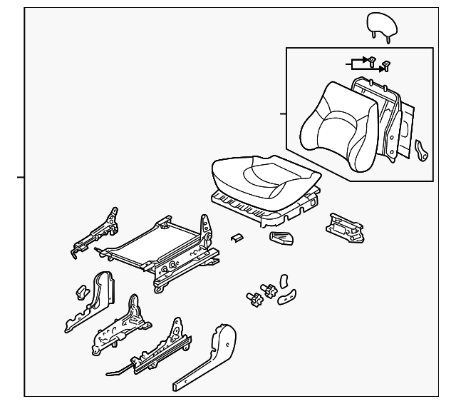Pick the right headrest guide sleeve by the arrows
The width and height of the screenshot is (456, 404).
click(385, 66)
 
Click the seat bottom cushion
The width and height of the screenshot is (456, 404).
click(261, 178)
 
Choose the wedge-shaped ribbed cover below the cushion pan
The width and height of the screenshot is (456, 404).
click(281, 238)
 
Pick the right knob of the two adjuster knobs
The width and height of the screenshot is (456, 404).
click(270, 291)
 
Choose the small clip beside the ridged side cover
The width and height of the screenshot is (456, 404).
click(81, 291)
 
